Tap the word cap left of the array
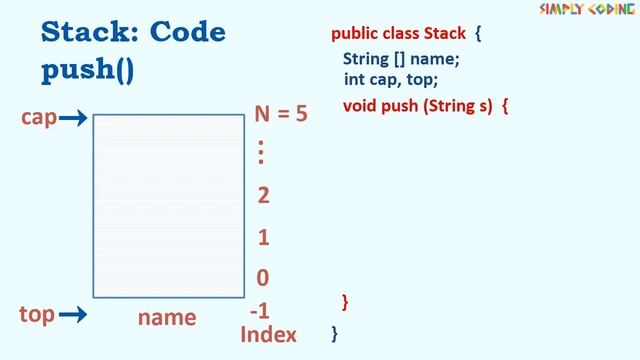click(38, 118)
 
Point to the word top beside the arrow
click(37, 314)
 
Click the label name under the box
click(167, 317)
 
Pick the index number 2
click(263, 195)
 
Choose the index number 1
click(263, 238)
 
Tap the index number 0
click(263, 278)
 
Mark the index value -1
click(259, 311)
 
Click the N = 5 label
click(280, 113)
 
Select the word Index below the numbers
click(268, 334)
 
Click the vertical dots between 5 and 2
click(261, 153)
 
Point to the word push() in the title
click(88, 72)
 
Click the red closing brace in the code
click(345, 300)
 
